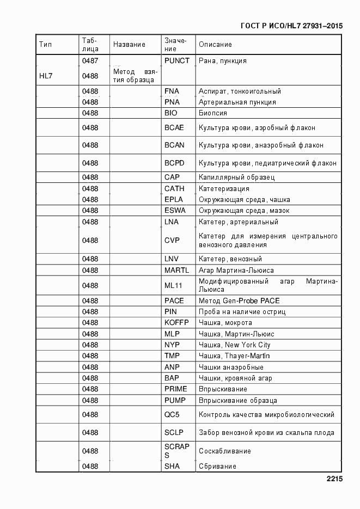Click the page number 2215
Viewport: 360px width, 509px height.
pos(334,480)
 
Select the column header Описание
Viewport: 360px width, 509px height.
pos(215,45)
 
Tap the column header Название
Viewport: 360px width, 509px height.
pos(129,45)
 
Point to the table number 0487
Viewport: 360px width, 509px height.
pos(90,61)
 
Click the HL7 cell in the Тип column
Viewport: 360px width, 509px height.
pos(46,76)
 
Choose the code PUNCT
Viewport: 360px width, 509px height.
pos(177,61)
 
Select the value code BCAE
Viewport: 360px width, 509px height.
pos(174,128)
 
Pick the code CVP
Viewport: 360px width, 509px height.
pos(172,240)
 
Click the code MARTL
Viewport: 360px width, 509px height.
pos(176,271)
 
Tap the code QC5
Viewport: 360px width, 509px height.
pos(172,415)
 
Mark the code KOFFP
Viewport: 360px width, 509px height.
pos(176,323)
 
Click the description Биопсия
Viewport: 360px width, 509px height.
pos(213,113)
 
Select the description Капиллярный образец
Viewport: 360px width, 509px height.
pos(236,177)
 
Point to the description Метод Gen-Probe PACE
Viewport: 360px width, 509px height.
pos(239,301)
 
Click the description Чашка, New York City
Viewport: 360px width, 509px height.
pos(234,345)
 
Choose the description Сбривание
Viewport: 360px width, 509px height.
pos(217,467)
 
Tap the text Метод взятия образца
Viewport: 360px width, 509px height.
pos(135,76)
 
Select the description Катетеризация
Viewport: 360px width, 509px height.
pos(224,189)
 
